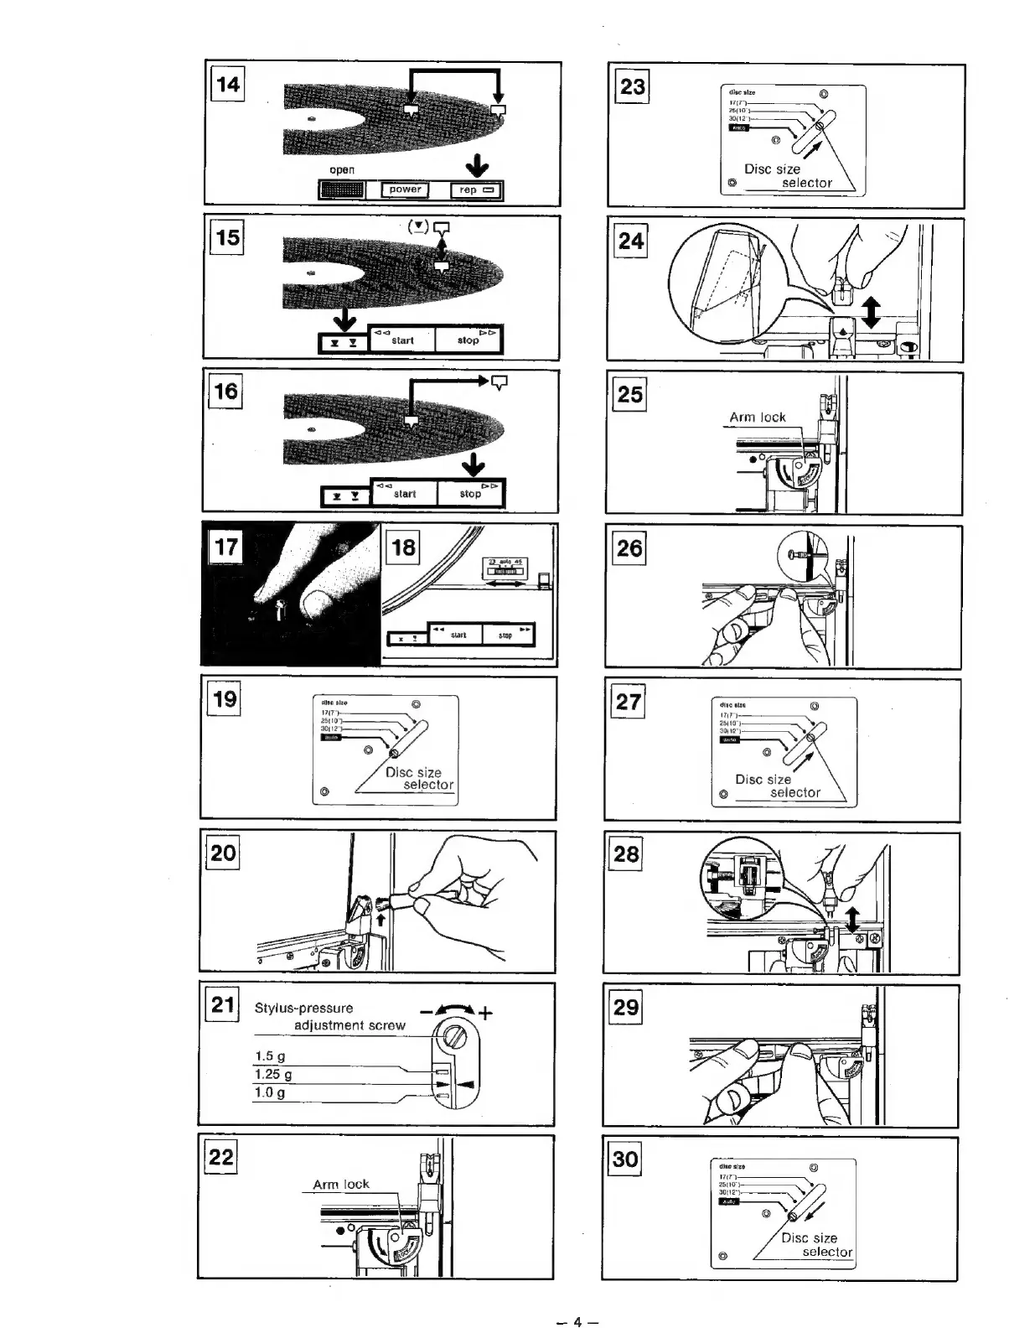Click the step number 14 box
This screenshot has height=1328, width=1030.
coord(228,85)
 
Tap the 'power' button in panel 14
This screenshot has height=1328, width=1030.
coord(405,189)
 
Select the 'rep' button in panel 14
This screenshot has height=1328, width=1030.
coord(476,190)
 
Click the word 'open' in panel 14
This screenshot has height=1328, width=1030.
coord(342,169)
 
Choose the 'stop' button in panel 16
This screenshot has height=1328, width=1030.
coord(470,494)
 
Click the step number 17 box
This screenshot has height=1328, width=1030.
coord(226,547)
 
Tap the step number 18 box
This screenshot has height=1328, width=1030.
coord(403,547)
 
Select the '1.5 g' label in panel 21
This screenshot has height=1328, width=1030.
coord(269,1056)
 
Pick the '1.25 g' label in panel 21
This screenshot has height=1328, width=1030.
coord(273,1075)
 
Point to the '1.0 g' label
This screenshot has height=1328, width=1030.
coord(269,1092)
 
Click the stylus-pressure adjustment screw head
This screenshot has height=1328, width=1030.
coord(453,1036)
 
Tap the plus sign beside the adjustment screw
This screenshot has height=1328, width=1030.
coord(486,1014)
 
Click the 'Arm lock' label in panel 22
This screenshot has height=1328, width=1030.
coord(340,1185)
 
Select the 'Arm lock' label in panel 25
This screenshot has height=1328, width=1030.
coord(757,417)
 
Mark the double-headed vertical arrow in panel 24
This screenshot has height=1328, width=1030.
coord(871,312)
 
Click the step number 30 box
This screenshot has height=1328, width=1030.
coord(625,1159)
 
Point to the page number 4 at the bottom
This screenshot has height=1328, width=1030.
coord(577,1322)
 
